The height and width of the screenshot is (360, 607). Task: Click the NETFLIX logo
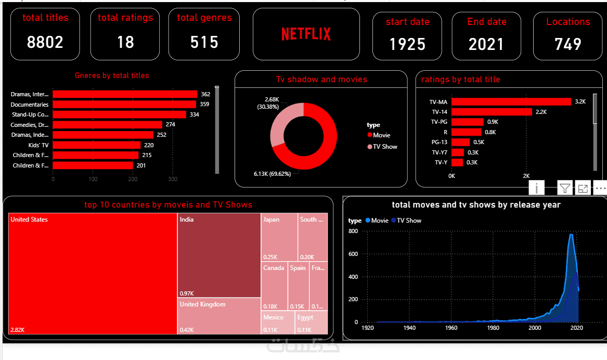click(306, 34)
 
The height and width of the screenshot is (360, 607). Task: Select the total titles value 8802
click(45, 42)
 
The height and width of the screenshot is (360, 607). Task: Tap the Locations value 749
click(568, 44)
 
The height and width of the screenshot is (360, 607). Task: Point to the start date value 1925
click(407, 44)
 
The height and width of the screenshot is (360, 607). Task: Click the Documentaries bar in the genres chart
click(125, 105)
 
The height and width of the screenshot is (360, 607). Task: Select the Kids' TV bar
click(96, 145)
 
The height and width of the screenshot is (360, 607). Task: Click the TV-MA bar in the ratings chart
click(511, 102)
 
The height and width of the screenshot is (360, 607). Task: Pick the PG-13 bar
click(461, 142)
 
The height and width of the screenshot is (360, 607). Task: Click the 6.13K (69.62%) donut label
click(273, 174)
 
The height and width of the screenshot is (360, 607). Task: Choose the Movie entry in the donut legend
click(381, 135)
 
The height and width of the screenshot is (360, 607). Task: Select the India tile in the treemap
click(219, 255)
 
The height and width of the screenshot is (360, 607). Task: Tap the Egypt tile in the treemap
click(311, 323)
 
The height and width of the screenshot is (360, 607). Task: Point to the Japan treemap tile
click(279, 237)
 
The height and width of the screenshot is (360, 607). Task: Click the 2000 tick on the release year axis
click(534, 328)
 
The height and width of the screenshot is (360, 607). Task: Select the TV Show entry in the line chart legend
click(409, 221)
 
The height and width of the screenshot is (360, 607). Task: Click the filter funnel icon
click(565, 188)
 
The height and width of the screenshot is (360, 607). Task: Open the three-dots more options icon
click(600, 188)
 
